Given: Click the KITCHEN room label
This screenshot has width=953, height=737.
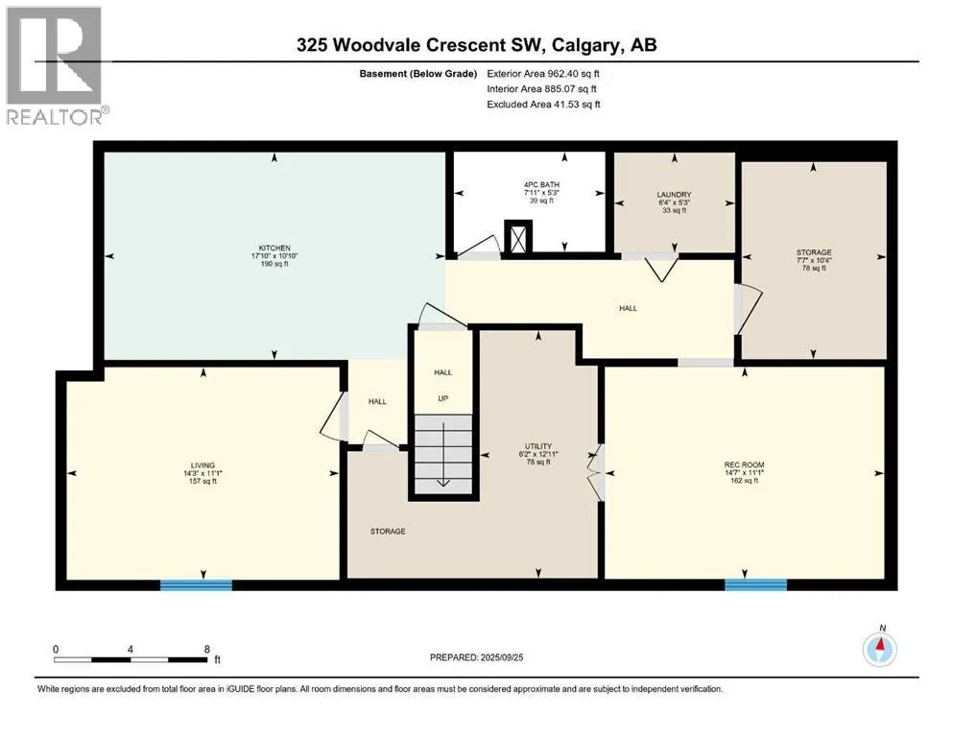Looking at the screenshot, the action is [x=274, y=248].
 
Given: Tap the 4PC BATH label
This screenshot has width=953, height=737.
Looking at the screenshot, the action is [x=541, y=184].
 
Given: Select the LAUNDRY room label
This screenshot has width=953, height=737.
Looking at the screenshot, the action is [x=674, y=195].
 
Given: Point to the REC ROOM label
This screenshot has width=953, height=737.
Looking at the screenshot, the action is [x=744, y=464].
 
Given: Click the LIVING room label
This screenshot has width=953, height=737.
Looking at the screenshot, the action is [x=203, y=465].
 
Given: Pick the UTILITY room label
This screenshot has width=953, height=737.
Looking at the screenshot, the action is [x=538, y=446].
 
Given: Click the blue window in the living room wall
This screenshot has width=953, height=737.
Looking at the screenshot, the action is [x=196, y=585].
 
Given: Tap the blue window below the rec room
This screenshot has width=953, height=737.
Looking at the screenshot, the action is [x=755, y=585].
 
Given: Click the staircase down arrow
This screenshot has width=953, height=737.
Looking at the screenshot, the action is [x=443, y=454].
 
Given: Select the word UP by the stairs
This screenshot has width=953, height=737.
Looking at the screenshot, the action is [x=443, y=398].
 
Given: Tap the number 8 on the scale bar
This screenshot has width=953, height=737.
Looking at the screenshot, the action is [x=207, y=649].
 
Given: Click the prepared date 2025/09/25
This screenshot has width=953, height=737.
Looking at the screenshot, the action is [x=501, y=657].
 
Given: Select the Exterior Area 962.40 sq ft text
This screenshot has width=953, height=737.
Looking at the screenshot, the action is [x=543, y=74].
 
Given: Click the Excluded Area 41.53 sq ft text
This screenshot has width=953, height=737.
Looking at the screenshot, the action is [x=543, y=105].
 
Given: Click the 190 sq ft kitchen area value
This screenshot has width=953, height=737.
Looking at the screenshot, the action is [x=274, y=264].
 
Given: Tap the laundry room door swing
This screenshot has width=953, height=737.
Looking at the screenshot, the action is [x=661, y=270].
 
